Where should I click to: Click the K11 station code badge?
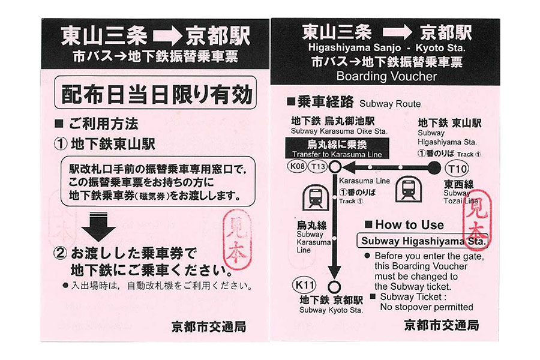click(x=304, y=285)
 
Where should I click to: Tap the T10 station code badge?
click(x=457, y=169)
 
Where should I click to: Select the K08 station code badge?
click(x=297, y=166)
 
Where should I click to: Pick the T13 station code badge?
click(x=317, y=167)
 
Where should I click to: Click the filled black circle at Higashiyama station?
click(x=434, y=168)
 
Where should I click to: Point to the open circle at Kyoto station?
click(x=334, y=287)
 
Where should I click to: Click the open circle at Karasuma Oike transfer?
click(x=335, y=167)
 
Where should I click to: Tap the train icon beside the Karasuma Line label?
click(x=315, y=198)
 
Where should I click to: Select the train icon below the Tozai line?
click(x=408, y=188)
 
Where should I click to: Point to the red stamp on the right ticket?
click(x=477, y=218)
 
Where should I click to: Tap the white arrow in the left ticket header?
click(x=166, y=37)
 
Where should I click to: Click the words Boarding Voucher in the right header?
click(x=386, y=76)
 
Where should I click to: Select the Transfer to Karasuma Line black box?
click(x=337, y=148)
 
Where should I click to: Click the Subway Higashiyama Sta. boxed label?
click(x=423, y=241)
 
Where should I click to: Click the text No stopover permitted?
click(x=427, y=307)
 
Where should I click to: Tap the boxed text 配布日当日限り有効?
click(x=155, y=93)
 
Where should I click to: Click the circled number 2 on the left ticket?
click(x=60, y=254)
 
